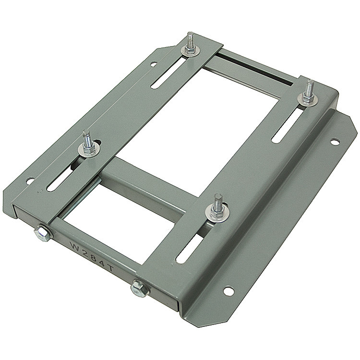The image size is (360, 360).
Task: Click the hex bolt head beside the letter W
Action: point(42,233)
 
